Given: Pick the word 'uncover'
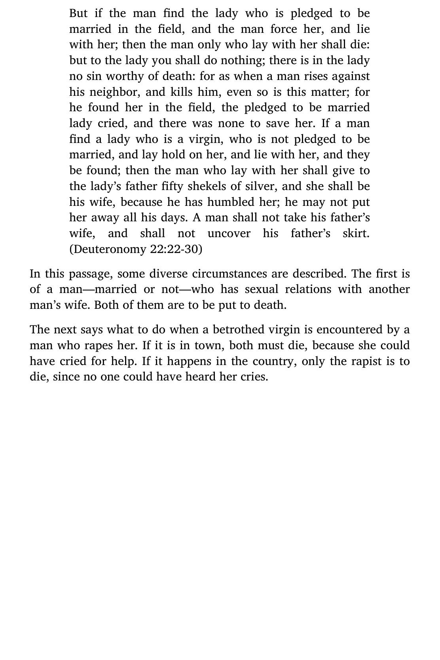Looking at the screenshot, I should click(x=229, y=234).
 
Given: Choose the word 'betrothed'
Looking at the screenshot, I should click(x=239, y=329).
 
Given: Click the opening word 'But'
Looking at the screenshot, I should click(x=78, y=13).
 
